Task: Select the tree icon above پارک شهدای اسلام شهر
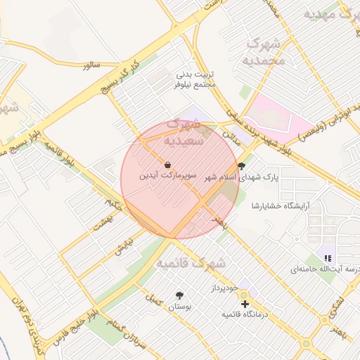click(243, 167)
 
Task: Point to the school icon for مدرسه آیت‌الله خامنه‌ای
click(328, 258)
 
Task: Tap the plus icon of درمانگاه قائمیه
click(245, 304)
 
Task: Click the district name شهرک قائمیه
click(191, 264)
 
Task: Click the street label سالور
click(91, 65)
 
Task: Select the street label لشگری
click(338, 304)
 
